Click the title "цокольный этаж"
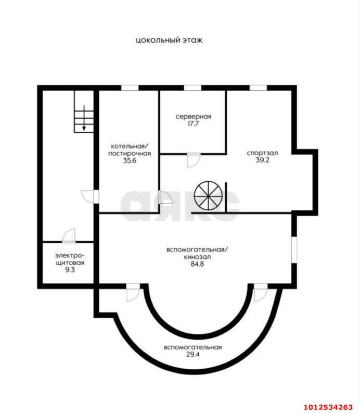(169, 40)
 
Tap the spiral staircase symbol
(208, 195)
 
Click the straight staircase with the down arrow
(84, 111)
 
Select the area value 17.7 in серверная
(193, 124)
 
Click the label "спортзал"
(262, 153)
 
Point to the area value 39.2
(263, 160)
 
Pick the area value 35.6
(130, 161)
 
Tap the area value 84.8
(197, 264)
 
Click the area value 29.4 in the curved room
(193, 355)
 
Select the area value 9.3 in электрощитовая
(70, 270)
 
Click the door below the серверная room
(194, 160)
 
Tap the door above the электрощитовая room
(69, 235)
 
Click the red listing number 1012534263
(328, 407)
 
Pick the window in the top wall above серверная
(192, 87)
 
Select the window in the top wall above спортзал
(259, 87)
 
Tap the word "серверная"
(194, 117)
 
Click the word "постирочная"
(130, 154)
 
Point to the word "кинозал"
(197, 257)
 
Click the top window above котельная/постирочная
(130, 87)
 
